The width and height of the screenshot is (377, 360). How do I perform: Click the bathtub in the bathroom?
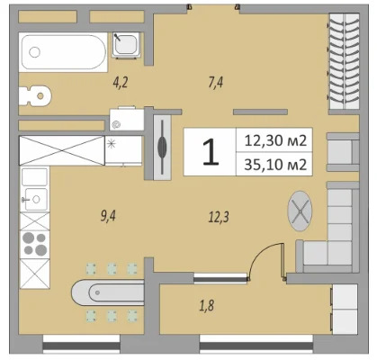[x=62, y=53]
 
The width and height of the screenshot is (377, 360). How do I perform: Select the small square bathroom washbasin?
[x=125, y=43]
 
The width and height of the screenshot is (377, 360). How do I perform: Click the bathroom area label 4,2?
[x=121, y=84]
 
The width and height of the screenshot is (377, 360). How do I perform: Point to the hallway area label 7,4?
[x=215, y=84]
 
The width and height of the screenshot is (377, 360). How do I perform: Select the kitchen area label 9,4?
[x=109, y=216]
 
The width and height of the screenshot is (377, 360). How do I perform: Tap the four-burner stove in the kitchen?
[x=35, y=241]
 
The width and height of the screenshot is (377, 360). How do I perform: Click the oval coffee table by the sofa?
[x=301, y=212]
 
